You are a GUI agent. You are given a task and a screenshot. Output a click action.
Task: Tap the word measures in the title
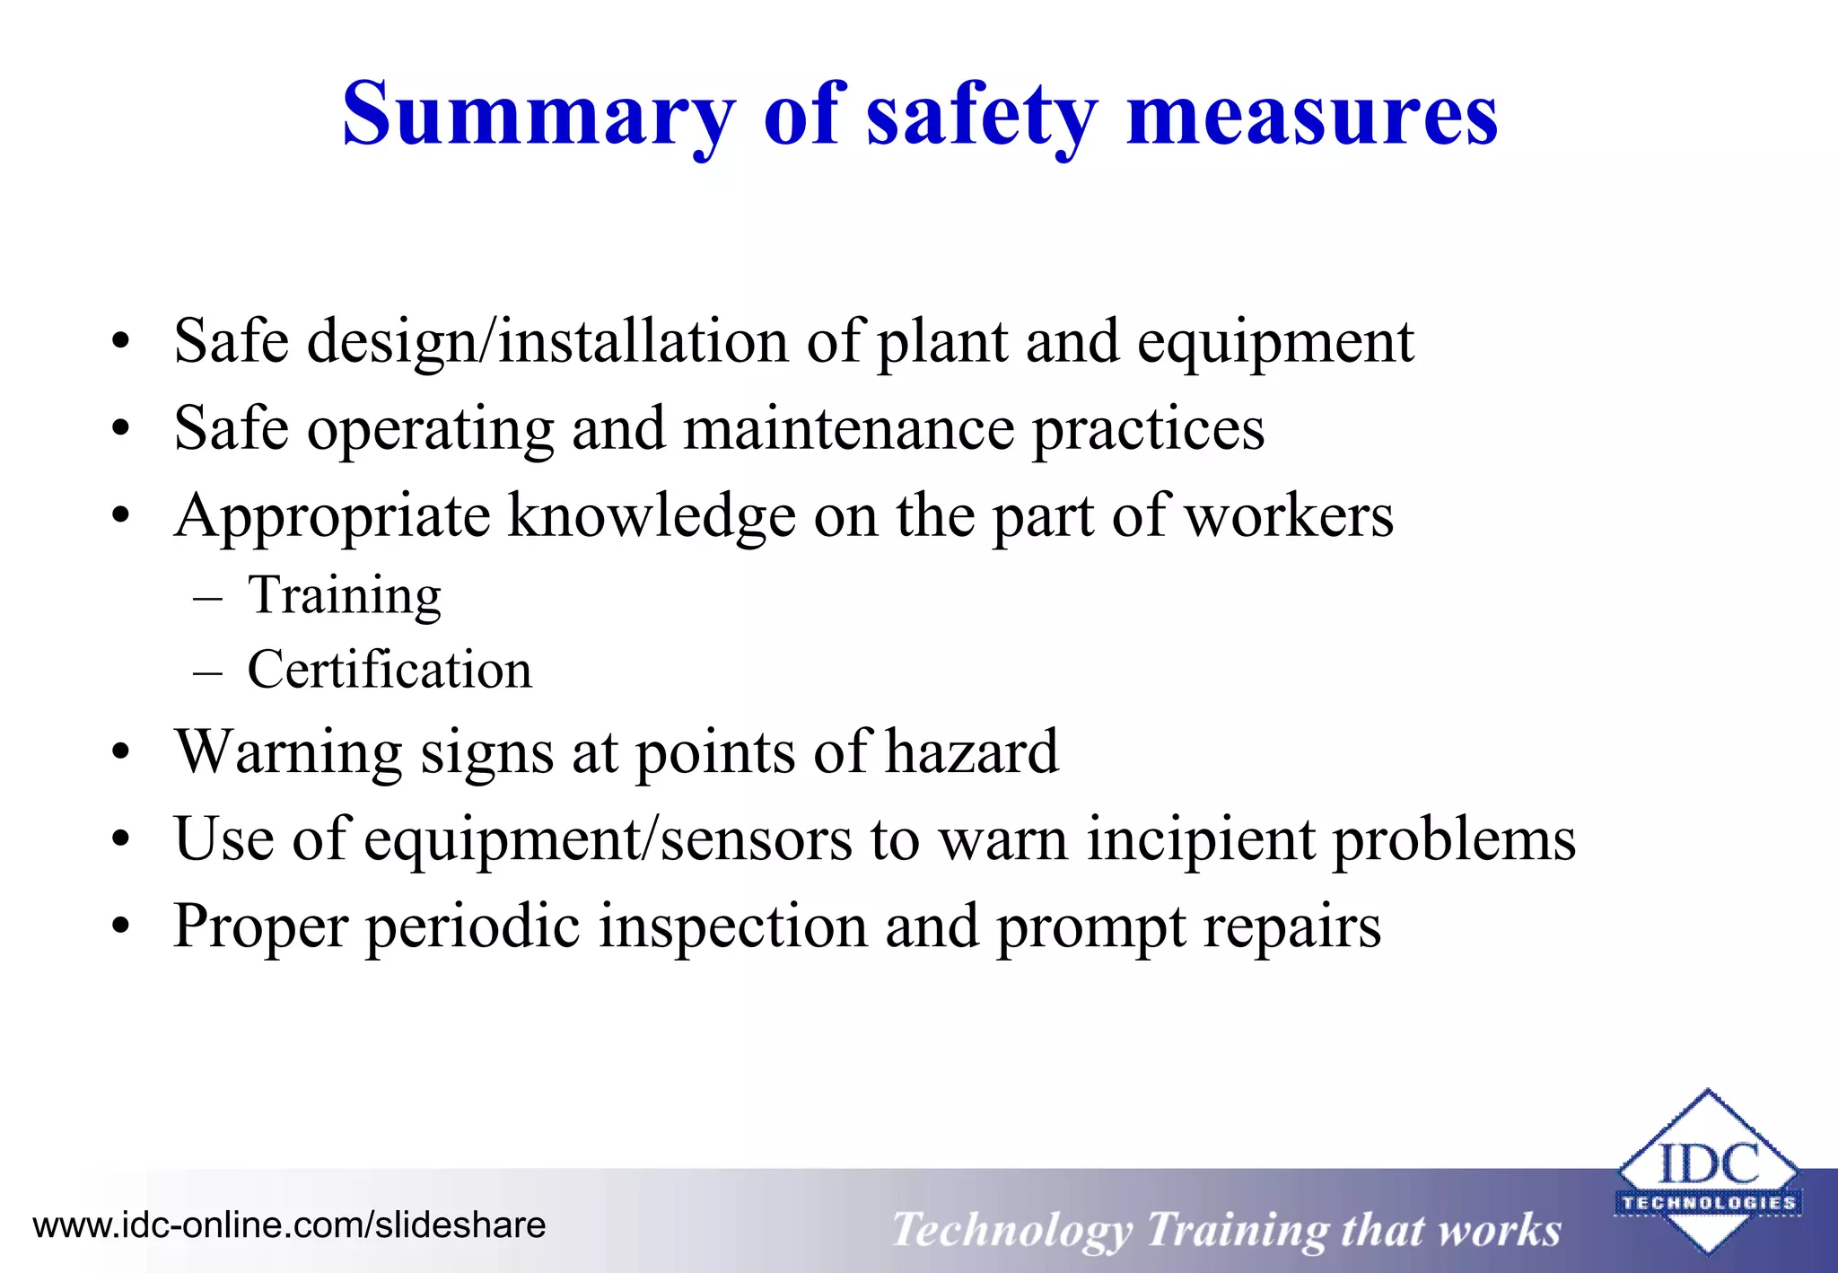(1311, 115)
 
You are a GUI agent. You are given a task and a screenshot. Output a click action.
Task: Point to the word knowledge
(652, 516)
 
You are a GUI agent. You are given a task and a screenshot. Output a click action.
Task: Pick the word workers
(1289, 516)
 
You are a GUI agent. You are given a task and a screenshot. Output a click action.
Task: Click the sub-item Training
(345, 595)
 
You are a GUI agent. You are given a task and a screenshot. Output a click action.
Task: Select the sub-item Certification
(389, 670)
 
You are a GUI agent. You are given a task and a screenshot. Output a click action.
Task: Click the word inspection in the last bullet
(733, 926)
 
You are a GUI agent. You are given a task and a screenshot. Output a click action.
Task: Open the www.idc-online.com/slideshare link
(289, 1225)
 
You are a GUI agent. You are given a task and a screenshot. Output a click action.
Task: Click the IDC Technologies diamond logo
(1707, 1172)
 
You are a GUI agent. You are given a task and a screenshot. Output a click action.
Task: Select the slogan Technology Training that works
(1226, 1229)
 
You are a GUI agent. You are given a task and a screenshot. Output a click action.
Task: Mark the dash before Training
(207, 597)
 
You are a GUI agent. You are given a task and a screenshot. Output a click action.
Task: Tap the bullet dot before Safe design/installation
(121, 341)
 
